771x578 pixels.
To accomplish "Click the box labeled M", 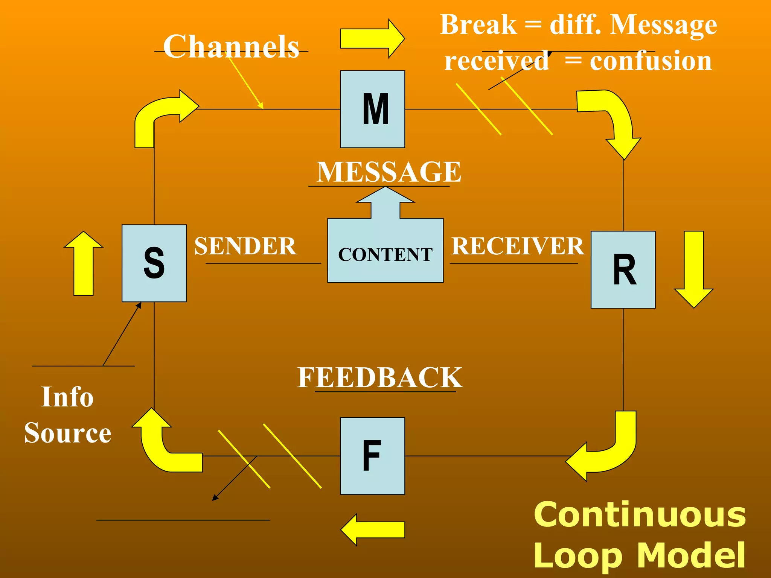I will (372, 109).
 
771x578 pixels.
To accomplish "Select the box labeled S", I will (154, 263).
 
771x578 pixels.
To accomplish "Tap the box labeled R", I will (623, 269).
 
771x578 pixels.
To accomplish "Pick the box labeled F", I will (372, 456).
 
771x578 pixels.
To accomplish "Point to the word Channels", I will (231, 47).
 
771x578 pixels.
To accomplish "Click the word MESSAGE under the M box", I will (389, 172).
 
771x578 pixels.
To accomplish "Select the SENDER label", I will (245, 246).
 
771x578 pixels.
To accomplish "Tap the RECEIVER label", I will (518, 246).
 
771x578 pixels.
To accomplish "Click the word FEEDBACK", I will (379, 377).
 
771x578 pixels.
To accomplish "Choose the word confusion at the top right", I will (651, 61).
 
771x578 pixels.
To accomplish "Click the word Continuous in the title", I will (639, 515).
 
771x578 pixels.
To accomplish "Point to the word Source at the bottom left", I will (68, 433).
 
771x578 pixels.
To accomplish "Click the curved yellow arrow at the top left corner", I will (158, 113).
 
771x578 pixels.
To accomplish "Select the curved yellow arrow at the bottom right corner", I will (610, 452).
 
